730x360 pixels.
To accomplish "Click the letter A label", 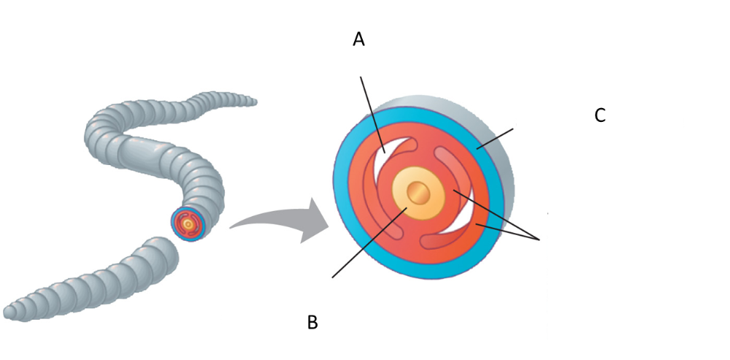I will [x=358, y=39].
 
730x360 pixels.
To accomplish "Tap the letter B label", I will [x=312, y=322].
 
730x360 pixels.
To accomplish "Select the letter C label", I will [x=600, y=115].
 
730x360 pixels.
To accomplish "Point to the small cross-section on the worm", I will [x=188, y=223].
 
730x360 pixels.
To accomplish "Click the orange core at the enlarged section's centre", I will [x=418, y=194].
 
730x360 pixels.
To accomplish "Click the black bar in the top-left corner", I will [x=134, y=18].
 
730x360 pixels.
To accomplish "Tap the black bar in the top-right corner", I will [x=590, y=18].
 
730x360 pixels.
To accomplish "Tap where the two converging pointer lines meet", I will [x=541, y=238].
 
